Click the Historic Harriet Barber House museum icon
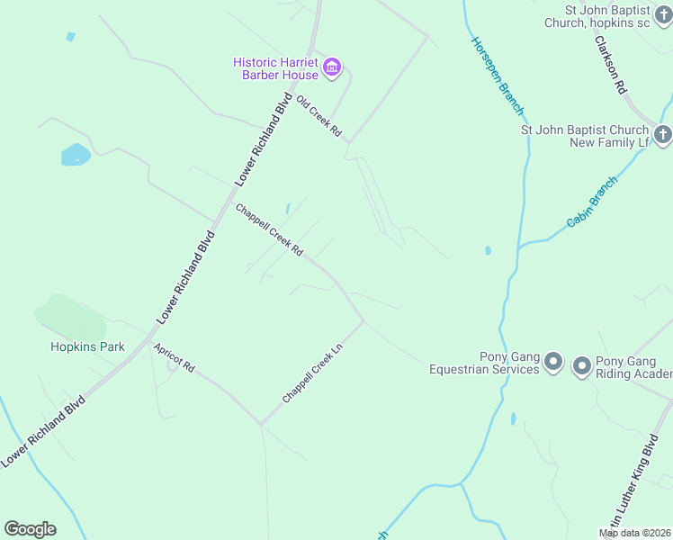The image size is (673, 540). [332, 67]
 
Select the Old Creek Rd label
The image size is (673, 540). [319, 116]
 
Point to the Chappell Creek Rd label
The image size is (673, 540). [268, 229]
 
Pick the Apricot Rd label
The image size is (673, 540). [174, 357]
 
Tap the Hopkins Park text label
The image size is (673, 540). [87, 346]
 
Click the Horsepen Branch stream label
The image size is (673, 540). [497, 77]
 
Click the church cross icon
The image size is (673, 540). [662, 136]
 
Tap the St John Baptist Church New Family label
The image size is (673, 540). [585, 136]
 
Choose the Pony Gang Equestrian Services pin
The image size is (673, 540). [553, 363]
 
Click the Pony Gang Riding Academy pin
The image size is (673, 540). [581, 365]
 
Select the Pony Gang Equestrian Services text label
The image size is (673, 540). [483, 363]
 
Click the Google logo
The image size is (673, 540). [30, 529]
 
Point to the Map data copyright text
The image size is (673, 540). [633, 533]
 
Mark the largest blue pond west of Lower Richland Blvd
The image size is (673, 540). [76, 155]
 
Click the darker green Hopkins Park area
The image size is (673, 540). [69, 317]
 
